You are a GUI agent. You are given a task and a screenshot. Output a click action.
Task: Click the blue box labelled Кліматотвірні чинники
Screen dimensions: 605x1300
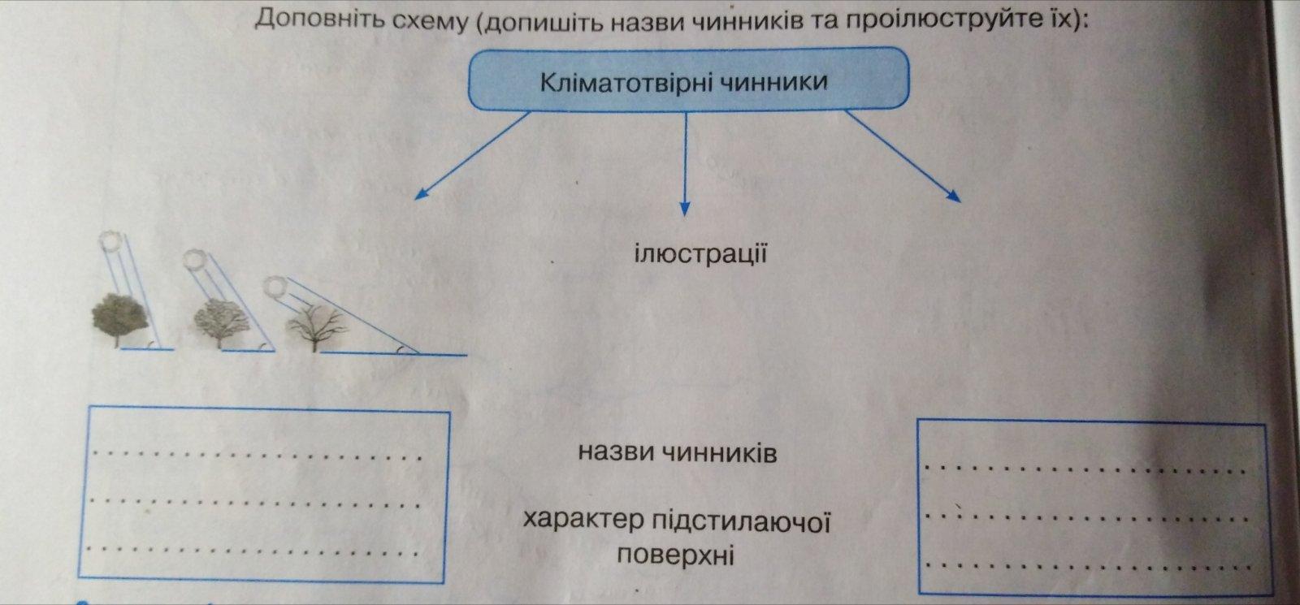[x=687, y=80]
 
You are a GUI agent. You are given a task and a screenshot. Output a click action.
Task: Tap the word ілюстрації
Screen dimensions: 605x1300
[x=700, y=254]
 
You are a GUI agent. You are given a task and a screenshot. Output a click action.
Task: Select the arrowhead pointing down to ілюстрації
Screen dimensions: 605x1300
[x=685, y=208]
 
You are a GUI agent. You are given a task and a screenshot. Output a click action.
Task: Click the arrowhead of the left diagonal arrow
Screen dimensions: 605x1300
[x=421, y=194]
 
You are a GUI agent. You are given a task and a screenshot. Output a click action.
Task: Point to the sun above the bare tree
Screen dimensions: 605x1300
[x=277, y=287]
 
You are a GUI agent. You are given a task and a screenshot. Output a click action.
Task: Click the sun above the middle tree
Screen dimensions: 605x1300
[x=195, y=260]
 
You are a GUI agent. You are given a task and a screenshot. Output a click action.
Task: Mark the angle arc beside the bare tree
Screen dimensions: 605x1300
[x=401, y=350]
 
